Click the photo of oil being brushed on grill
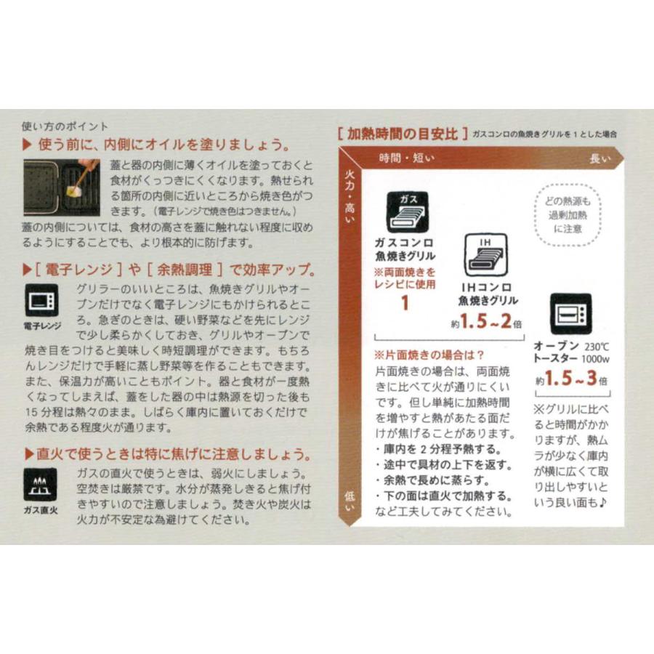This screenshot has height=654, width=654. click(x=61, y=182)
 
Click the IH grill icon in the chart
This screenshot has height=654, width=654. click(x=486, y=255)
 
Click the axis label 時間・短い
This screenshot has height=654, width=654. click(x=406, y=158)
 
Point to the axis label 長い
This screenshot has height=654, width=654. click(x=599, y=158)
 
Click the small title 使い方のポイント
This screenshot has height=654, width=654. click(x=65, y=126)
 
